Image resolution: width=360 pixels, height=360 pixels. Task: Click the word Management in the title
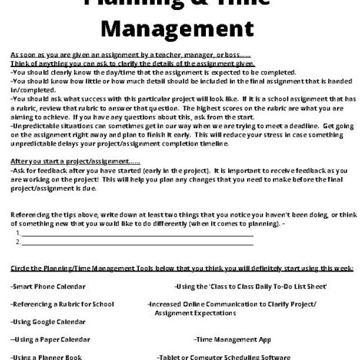coord(179,31)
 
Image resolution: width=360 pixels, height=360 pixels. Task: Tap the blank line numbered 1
coord(137,234)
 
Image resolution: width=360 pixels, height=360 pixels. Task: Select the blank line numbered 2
coord(137,242)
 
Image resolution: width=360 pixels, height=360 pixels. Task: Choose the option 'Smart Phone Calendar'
coord(48,286)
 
